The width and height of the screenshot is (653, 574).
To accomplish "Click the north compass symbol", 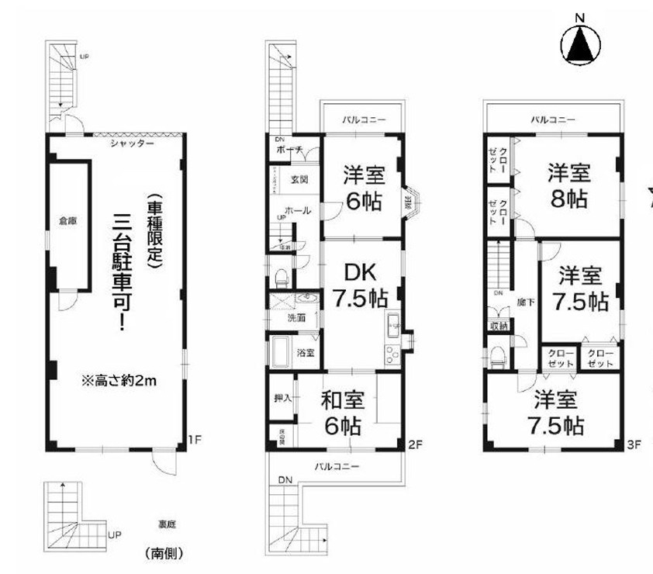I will [581, 45].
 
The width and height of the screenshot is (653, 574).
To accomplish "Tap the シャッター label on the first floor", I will [132, 143].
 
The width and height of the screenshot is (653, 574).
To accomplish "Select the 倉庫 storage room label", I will [68, 221].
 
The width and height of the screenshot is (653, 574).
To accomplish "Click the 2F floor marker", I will [414, 444].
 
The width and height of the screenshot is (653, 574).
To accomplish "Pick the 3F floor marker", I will [634, 444].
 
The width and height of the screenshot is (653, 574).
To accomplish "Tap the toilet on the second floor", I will [282, 276].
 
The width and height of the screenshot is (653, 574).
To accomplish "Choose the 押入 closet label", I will [282, 399].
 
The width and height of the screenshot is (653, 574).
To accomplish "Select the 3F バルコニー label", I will [553, 120].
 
